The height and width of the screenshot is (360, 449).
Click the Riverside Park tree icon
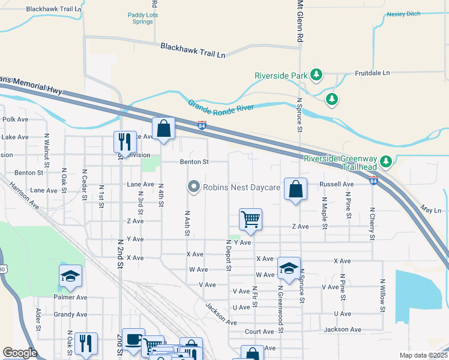click(x=316, y=75)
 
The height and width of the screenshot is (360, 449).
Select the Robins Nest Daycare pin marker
click(x=193, y=187)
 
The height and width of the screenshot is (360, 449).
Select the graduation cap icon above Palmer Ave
click(x=70, y=275)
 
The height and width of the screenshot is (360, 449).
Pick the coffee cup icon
click(x=133, y=339)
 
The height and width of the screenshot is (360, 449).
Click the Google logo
click(x=20, y=353)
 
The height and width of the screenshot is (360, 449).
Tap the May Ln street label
click(x=431, y=211)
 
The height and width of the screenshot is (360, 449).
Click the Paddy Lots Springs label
click(x=142, y=19)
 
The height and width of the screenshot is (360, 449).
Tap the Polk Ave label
click(x=15, y=119)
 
